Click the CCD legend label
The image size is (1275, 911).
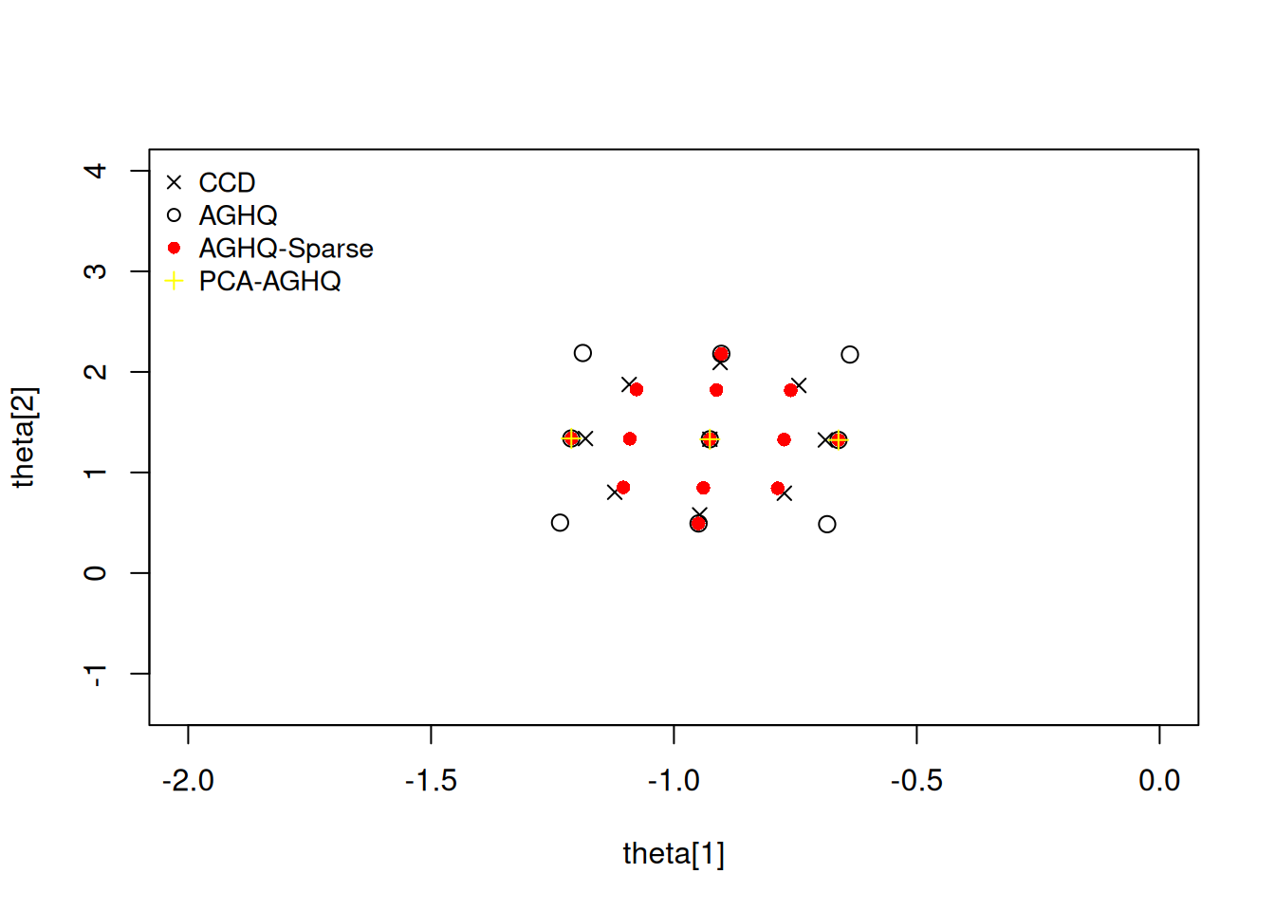pyautogui.click(x=227, y=182)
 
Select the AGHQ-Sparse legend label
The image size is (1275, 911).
pyautogui.click(x=286, y=249)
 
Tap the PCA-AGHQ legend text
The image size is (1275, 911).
pyautogui.click(x=269, y=282)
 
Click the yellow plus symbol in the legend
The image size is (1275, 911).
pyautogui.click(x=174, y=281)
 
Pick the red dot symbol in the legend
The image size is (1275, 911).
pyautogui.click(x=174, y=249)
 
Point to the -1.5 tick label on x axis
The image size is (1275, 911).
pyautogui.click(x=431, y=781)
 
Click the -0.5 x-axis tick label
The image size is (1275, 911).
pyautogui.click(x=916, y=781)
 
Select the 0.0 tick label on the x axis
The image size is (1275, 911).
pyautogui.click(x=1159, y=781)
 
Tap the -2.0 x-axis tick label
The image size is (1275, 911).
pyautogui.click(x=188, y=781)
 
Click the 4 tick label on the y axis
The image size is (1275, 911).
pyautogui.click(x=95, y=171)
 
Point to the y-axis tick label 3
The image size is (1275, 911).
pyautogui.click(x=95, y=271)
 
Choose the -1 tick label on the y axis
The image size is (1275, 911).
pyautogui.click(x=95, y=674)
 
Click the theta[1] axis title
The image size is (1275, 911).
pyautogui.click(x=674, y=854)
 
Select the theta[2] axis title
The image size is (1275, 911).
pyautogui.click(x=24, y=437)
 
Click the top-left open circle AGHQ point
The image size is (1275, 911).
pyautogui.click(x=582, y=353)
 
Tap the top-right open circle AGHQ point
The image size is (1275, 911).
pyautogui.click(x=850, y=354)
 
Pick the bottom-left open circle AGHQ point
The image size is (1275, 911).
pyautogui.click(x=560, y=523)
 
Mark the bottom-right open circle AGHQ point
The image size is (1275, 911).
pyautogui.click(x=827, y=524)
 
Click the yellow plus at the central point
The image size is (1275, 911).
pyautogui.click(x=710, y=439)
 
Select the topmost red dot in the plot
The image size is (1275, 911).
pyautogui.click(x=721, y=354)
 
